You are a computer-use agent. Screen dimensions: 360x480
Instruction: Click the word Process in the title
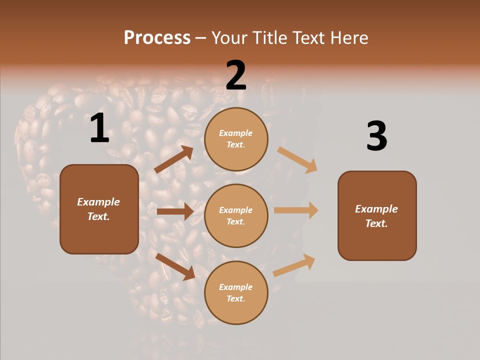click(157, 37)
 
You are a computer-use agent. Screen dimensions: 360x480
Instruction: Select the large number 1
click(99, 128)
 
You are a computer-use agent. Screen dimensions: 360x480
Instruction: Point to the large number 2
click(236, 75)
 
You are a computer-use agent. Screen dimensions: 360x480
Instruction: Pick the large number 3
click(376, 136)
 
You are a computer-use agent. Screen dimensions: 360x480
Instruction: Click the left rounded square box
click(99, 209)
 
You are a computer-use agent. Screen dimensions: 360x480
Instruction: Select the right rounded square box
click(377, 215)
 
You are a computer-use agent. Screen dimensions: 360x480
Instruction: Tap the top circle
click(236, 139)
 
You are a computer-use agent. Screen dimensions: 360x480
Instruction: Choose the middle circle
click(236, 215)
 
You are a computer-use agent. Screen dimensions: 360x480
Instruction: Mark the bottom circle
click(236, 292)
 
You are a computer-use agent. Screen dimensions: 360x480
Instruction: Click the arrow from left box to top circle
click(173, 159)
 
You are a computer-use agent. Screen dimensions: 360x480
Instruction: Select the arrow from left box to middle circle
click(174, 211)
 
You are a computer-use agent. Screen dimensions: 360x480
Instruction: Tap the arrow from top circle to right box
click(297, 159)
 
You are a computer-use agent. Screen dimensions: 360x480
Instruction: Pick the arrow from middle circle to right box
click(296, 210)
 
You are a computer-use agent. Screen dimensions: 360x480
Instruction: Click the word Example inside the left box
click(98, 202)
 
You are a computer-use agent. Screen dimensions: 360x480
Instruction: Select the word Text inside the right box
click(376, 223)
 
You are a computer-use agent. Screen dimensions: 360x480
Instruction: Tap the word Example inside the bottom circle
click(236, 287)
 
